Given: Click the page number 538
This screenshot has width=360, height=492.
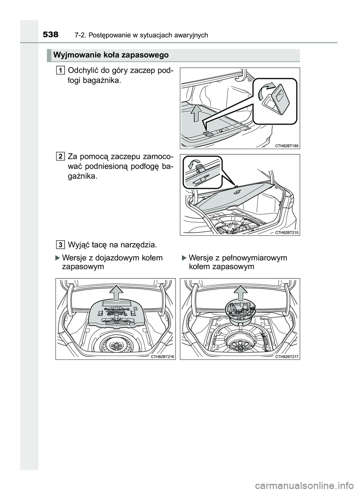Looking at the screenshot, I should point(51,35).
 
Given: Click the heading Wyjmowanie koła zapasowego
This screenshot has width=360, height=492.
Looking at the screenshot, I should point(111,55).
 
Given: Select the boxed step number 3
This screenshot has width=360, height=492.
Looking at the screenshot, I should point(60,245).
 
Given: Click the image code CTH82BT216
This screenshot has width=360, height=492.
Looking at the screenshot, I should point(162,356).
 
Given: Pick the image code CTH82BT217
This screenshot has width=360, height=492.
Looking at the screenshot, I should point(286,356).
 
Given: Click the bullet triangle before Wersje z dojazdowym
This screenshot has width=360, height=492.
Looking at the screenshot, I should point(57,258).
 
